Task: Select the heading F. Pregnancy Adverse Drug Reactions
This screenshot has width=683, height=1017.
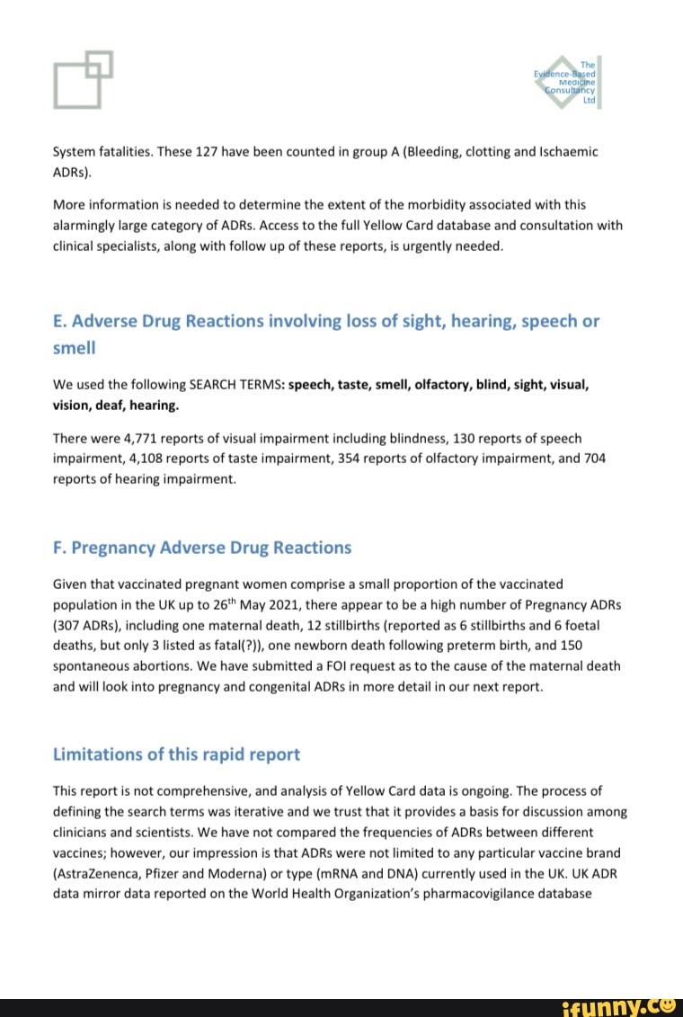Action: [202, 548]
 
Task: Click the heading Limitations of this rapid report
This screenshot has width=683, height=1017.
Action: [176, 754]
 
